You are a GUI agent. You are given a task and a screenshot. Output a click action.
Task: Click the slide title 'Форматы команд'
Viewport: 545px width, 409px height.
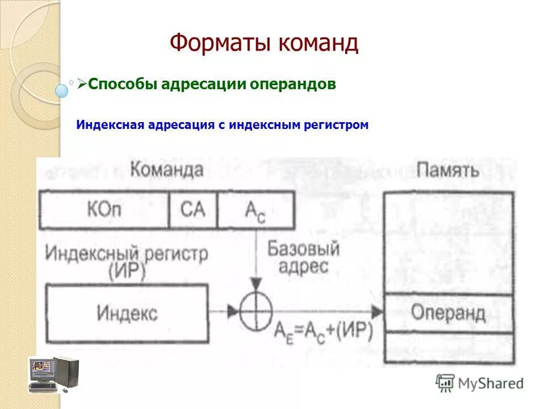(x=264, y=43)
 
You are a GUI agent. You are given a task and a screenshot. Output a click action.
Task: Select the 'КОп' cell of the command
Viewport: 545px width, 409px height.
(x=104, y=210)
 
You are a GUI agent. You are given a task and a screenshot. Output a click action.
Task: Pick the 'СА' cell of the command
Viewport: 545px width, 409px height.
(x=192, y=210)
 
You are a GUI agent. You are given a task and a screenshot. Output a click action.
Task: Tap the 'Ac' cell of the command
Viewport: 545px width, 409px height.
(x=255, y=211)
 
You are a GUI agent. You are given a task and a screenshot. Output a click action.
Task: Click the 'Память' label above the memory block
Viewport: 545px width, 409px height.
(x=448, y=170)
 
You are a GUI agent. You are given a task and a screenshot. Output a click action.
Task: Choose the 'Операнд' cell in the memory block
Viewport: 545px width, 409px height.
(x=448, y=313)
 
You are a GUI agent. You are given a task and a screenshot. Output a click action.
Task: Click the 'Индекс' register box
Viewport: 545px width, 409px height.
(x=127, y=312)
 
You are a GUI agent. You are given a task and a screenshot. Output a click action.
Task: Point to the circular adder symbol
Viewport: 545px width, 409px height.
(x=256, y=311)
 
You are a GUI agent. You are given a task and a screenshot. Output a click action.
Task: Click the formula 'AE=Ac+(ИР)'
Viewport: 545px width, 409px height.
(x=323, y=332)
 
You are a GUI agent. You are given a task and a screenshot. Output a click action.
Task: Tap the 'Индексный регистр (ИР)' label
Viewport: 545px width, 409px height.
(x=126, y=261)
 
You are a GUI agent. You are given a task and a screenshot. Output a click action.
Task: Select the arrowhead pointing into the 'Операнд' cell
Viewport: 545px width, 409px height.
(x=377, y=311)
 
